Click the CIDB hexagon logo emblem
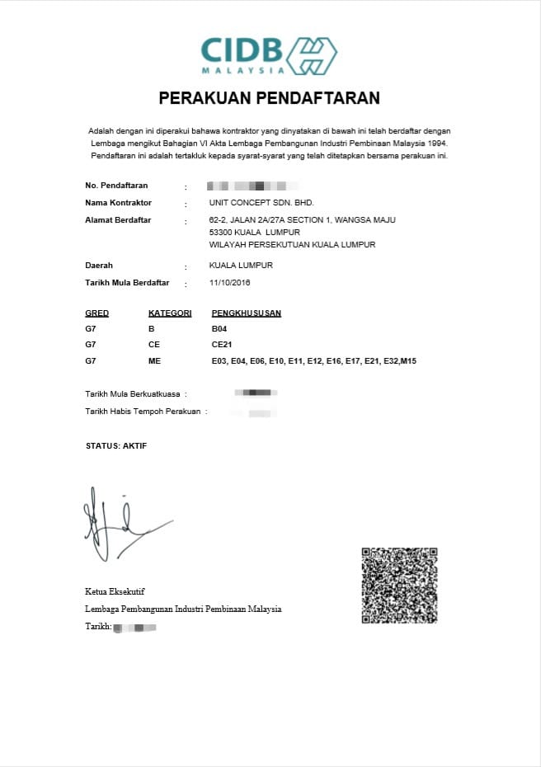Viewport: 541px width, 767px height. pyautogui.click(x=311, y=55)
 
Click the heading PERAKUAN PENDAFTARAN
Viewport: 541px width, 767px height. pyautogui.click(x=269, y=98)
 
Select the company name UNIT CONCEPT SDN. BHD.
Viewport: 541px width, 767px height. pyautogui.click(x=261, y=203)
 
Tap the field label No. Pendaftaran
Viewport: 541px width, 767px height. pyautogui.click(x=116, y=186)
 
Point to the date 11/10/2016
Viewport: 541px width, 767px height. pyautogui.click(x=230, y=283)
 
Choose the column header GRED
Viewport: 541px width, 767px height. pyautogui.click(x=96, y=313)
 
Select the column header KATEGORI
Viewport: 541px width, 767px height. pyautogui.click(x=170, y=313)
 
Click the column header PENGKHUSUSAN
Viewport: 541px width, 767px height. pyautogui.click(x=247, y=313)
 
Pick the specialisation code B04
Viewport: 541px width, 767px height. pyautogui.click(x=219, y=329)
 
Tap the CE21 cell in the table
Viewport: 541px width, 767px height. pyautogui.click(x=221, y=345)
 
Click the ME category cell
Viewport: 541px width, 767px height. pyautogui.click(x=154, y=361)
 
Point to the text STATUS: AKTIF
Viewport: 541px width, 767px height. pyautogui.click(x=116, y=446)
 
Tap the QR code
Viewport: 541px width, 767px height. pyautogui.click(x=398, y=586)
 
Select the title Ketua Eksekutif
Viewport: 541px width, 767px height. pyautogui.click(x=115, y=591)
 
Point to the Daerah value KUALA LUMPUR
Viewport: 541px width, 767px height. pyautogui.click(x=241, y=266)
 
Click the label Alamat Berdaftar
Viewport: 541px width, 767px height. pyautogui.click(x=118, y=220)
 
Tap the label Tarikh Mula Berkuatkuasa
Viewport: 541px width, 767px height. pyautogui.click(x=135, y=393)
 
